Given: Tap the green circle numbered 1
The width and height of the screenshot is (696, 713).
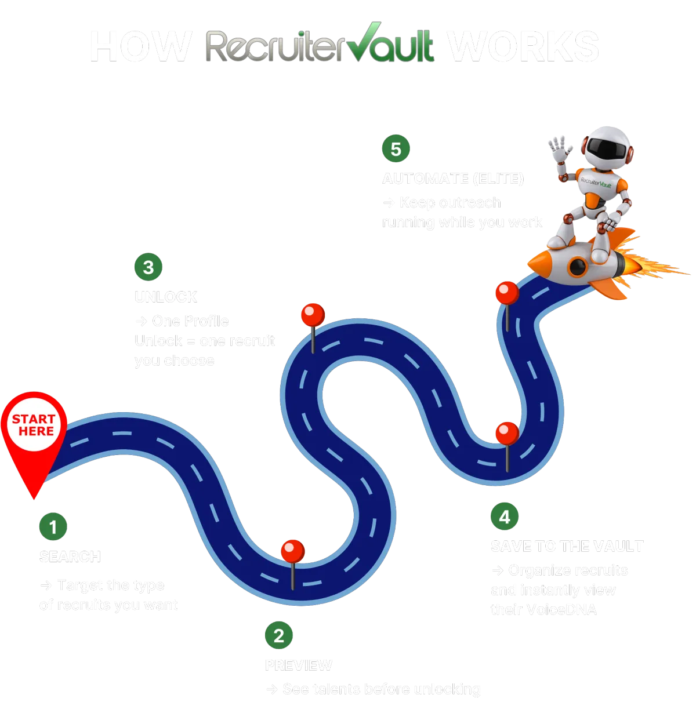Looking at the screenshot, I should pyautogui.click(x=53, y=527).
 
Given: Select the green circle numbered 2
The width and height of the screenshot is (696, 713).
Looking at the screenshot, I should pyautogui.click(x=279, y=635).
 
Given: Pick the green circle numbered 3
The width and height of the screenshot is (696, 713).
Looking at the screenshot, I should pyautogui.click(x=148, y=267).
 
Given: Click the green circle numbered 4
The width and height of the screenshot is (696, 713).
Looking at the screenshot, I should pyautogui.click(x=505, y=516).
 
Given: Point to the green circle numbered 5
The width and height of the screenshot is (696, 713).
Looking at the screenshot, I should pyautogui.click(x=396, y=149).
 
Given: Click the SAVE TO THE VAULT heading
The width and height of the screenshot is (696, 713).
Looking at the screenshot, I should pyautogui.click(x=567, y=545).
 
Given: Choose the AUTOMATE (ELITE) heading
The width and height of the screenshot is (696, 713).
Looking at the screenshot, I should pyautogui.click(x=452, y=179).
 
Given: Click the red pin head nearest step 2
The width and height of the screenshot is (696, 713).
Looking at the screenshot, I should pyautogui.click(x=292, y=550).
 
